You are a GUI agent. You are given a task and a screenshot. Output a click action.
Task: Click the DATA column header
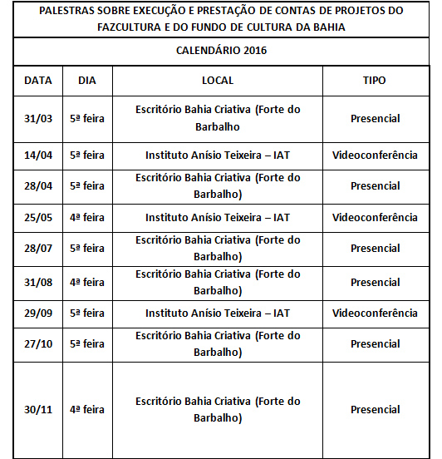click(x=38, y=81)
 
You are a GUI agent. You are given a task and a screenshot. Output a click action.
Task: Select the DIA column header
click(x=86, y=81)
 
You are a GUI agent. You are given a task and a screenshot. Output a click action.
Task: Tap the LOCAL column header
click(x=218, y=81)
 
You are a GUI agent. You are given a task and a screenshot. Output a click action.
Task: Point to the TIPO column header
click(x=375, y=81)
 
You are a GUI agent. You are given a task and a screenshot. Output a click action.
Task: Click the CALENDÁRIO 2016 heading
click(x=221, y=51)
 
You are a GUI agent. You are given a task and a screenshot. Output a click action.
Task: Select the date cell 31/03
click(x=38, y=118)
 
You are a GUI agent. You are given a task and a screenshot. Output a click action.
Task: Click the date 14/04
click(x=38, y=155)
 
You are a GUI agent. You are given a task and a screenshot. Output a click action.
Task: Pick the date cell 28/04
click(x=38, y=186)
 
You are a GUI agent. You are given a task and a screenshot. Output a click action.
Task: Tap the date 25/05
click(x=38, y=218)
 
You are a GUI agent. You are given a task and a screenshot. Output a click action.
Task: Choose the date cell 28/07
click(x=38, y=249)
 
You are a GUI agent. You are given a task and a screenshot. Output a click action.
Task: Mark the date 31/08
click(x=38, y=283)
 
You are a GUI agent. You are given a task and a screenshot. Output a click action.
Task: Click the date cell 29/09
click(x=38, y=313)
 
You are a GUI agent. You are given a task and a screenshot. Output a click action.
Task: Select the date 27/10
click(x=38, y=344)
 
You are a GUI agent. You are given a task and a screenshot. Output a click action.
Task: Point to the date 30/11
click(x=38, y=410)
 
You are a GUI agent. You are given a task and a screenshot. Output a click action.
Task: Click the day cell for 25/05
click(x=86, y=218)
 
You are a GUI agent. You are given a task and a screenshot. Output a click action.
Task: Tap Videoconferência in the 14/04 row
click(x=375, y=155)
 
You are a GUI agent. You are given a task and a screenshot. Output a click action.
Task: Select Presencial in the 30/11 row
click(x=375, y=410)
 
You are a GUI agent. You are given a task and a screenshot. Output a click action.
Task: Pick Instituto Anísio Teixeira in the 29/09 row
click(x=218, y=313)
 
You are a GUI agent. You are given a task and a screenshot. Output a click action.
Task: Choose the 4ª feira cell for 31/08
click(x=86, y=283)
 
